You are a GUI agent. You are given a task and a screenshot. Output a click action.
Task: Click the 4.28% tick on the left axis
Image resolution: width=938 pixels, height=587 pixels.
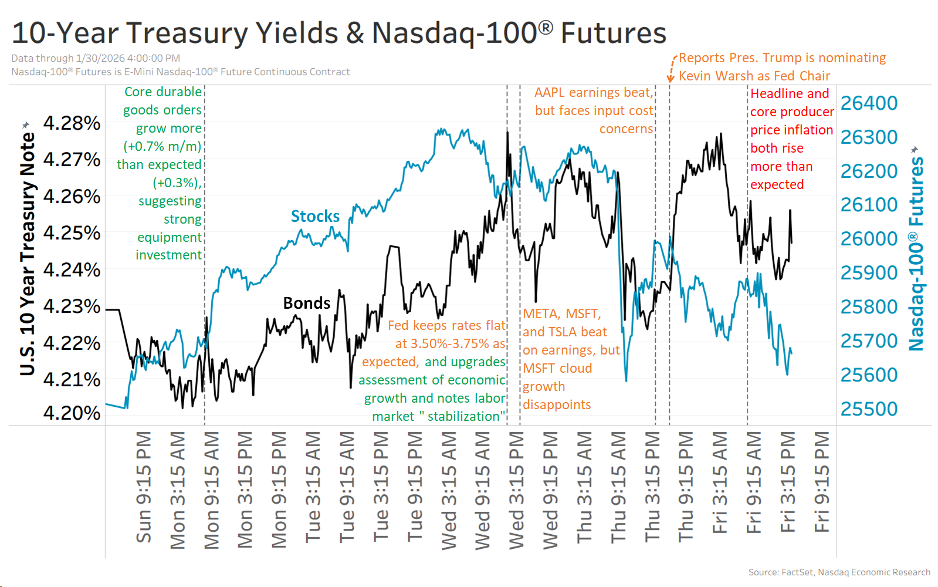[x=72, y=123]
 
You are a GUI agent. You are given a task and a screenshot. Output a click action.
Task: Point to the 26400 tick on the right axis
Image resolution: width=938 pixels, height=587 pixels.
[x=869, y=103]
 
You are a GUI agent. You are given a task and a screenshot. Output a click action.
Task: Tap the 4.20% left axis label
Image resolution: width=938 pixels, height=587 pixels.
[x=72, y=413]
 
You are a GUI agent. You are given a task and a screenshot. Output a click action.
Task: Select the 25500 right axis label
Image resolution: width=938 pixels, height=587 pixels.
[x=869, y=409]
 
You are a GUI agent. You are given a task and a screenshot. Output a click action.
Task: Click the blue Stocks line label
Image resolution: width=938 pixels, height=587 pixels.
[x=315, y=217]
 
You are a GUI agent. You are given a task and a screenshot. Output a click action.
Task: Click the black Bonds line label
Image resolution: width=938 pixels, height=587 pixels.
[x=306, y=303]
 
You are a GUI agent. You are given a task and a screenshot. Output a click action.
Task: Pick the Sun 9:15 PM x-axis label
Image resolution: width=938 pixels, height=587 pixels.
[x=144, y=487]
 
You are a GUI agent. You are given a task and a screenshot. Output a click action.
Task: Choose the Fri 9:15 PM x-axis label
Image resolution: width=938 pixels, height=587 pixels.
[x=822, y=482]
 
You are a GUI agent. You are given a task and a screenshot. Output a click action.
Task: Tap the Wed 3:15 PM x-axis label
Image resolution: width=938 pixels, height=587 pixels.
[x=516, y=490]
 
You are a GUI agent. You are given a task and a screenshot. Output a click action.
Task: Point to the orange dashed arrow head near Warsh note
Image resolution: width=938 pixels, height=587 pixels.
[x=670, y=79]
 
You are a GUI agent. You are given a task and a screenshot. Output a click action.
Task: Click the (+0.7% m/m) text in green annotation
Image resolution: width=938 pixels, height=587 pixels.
[x=162, y=146]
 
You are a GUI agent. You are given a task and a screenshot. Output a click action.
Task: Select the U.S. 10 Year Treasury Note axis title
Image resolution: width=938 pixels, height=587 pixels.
[x=27, y=252]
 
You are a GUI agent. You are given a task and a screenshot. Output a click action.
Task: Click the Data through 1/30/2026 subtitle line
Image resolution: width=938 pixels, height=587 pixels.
[x=96, y=58]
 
